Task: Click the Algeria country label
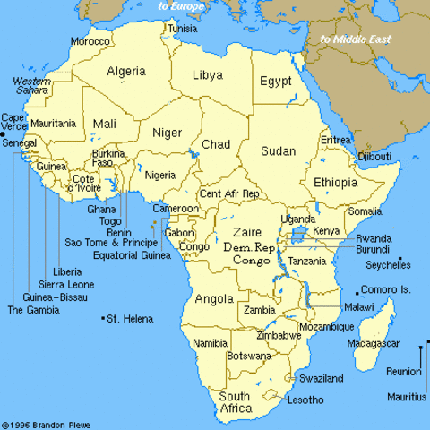point(126,71)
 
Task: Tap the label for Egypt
point(276,82)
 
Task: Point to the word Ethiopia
point(336,183)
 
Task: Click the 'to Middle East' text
point(357,39)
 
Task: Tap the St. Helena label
point(130,319)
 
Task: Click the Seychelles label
point(388,265)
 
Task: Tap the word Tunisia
point(181,29)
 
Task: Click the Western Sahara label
point(30,87)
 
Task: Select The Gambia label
point(33,310)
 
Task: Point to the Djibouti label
point(374,157)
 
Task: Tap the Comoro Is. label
point(387,291)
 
